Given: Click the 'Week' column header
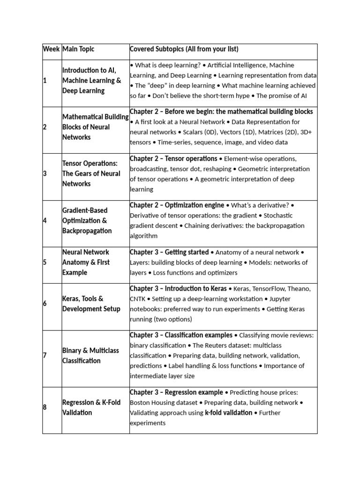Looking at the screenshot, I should pos(52,49).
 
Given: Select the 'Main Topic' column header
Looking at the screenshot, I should pos(78,49).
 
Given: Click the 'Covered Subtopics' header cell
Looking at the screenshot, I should pos(184,49).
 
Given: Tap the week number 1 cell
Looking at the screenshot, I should pos(45,81).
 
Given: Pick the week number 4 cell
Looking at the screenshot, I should pos(45,221).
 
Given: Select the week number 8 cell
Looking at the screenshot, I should pos(45,407).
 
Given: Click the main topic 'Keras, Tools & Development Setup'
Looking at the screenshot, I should pos(91,304).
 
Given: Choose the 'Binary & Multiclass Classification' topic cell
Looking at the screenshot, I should pos(90,356).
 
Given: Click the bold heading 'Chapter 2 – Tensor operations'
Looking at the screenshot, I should pos(173,159).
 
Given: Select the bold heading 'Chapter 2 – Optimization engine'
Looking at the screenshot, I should pos(177,205).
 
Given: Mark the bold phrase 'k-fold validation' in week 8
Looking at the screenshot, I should pos(228,413).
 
